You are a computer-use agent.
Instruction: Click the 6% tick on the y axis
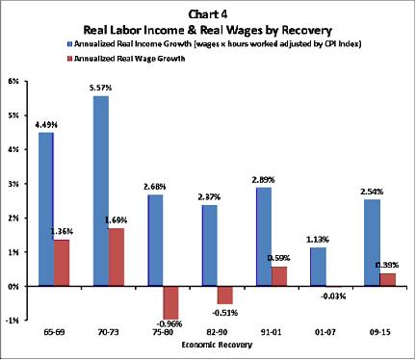14,81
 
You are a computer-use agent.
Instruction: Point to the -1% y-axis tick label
13,321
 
